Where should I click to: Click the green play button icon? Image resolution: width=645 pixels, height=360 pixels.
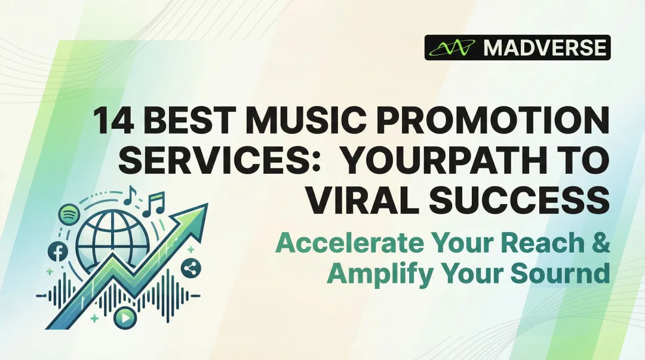pos(124,318)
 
